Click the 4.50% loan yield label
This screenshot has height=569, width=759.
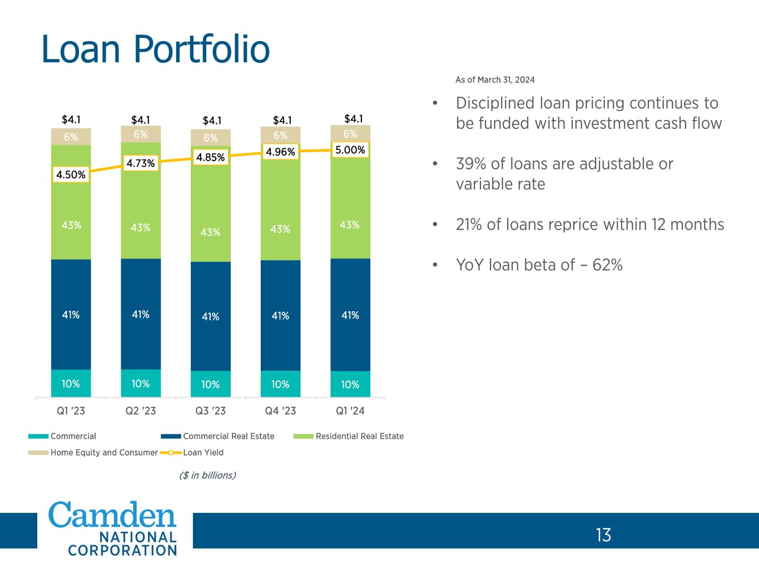71,174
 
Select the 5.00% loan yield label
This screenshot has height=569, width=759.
350,150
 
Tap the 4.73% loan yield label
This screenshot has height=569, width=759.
141,163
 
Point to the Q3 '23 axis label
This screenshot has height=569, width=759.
211,411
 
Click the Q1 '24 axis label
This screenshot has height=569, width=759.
350,411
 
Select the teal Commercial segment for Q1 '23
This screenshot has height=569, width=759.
71,383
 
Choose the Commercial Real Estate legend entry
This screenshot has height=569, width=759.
229,436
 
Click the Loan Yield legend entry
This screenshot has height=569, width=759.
203,452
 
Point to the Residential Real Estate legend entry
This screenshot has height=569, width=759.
359,436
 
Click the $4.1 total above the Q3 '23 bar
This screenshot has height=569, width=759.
212,120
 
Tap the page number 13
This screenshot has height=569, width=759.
603,535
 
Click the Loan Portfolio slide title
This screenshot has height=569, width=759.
156,49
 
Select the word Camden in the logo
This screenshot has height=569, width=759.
113,515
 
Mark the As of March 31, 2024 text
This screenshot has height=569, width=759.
495,80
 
